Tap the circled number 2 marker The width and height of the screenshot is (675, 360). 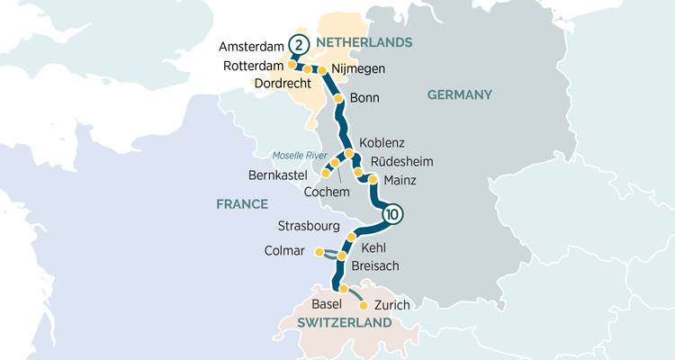click(x=299, y=45)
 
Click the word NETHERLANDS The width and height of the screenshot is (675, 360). click(x=364, y=42)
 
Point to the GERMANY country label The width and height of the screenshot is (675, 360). click(x=459, y=94)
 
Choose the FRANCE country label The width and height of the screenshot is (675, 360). click(x=242, y=204)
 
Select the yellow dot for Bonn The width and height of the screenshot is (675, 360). click(x=338, y=98)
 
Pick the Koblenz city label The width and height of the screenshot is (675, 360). click(x=382, y=143)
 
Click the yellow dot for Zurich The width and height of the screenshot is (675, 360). click(x=364, y=305)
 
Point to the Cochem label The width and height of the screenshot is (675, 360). click(x=327, y=192)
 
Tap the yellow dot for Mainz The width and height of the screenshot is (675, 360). click(x=372, y=179)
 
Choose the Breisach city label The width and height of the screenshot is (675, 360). click(x=375, y=265)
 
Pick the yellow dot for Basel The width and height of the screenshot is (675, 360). click(x=343, y=288)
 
